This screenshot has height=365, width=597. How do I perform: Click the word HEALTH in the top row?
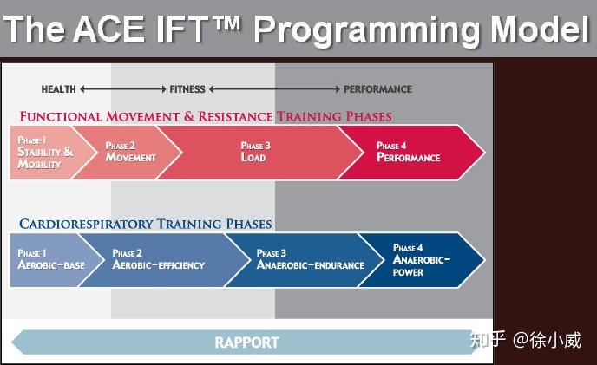click(x=59, y=89)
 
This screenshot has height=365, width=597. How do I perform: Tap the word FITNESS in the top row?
click(x=187, y=89)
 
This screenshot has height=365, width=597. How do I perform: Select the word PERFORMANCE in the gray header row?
click(x=377, y=89)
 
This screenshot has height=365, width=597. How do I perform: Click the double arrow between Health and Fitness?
click(x=122, y=89)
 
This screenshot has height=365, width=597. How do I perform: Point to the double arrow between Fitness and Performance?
click(x=274, y=89)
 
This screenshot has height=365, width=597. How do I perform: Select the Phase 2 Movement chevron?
click(x=131, y=153)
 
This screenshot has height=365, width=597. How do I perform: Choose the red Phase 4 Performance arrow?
click(x=408, y=153)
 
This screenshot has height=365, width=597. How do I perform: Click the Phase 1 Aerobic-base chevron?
click(x=51, y=259)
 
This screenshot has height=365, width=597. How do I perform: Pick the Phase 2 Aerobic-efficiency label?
click(x=158, y=259)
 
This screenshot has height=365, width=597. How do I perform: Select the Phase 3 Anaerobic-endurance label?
click(x=310, y=259)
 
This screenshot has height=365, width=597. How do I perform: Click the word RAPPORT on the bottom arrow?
click(x=246, y=342)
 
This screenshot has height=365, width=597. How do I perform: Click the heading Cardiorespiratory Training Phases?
click(x=146, y=224)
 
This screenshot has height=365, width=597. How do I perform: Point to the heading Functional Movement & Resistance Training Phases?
click(x=206, y=116)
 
